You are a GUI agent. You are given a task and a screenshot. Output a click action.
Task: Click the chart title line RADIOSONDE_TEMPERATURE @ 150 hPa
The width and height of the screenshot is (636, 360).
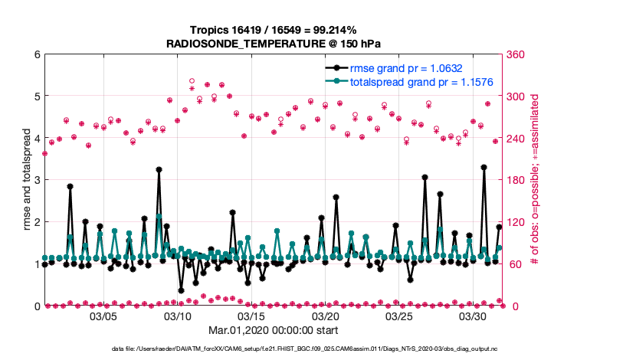pyautogui.click(x=274, y=43)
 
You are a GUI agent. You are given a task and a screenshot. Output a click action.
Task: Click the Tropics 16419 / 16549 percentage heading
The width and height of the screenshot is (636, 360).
pyautogui.click(x=274, y=28)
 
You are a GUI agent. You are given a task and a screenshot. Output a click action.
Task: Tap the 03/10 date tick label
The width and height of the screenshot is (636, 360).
pyautogui.click(x=178, y=316)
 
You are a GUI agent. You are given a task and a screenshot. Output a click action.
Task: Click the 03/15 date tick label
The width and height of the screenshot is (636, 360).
pyautogui.click(x=252, y=316)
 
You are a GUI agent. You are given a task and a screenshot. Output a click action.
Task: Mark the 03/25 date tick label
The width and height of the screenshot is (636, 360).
pyautogui.click(x=400, y=316)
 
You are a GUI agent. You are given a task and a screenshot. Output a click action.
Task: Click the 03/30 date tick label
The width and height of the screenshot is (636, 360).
pyautogui.click(x=474, y=316)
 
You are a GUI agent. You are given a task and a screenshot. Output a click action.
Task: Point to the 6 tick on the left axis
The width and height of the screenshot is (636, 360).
pyautogui.click(x=37, y=54)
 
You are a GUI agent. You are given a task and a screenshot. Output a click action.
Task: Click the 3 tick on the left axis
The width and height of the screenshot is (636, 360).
pyautogui.click(x=37, y=180)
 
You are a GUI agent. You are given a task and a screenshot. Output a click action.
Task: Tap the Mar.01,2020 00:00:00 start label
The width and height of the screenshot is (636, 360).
pyautogui.click(x=274, y=332)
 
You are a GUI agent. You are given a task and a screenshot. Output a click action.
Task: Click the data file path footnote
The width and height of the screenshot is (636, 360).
pyautogui.click(x=274, y=349)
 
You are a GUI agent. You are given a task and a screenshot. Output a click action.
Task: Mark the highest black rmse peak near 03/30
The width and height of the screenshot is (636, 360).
pyautogui.click(x=484, y=167)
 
